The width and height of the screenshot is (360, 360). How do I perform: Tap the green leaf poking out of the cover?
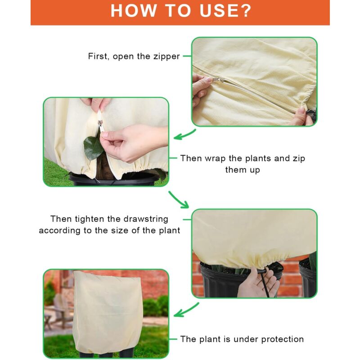93,148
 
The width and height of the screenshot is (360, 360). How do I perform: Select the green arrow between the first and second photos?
184,135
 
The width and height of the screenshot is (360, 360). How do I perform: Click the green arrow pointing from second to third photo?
179,200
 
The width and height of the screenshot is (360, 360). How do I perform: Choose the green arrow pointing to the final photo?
186,310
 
